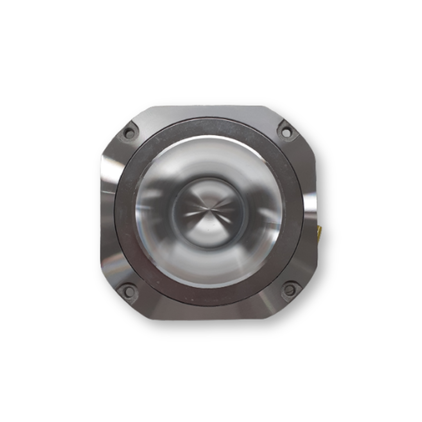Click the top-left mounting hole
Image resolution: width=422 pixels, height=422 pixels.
129,133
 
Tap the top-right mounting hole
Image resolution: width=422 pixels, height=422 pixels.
286,132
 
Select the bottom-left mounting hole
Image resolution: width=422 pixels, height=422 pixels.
128,291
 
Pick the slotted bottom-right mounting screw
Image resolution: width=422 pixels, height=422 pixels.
290,290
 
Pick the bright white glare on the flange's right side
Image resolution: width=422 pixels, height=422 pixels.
310,203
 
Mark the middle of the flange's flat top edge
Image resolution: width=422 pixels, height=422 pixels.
209,107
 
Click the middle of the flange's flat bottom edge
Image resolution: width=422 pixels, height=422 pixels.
209,318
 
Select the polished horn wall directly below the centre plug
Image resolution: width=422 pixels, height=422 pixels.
209,268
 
